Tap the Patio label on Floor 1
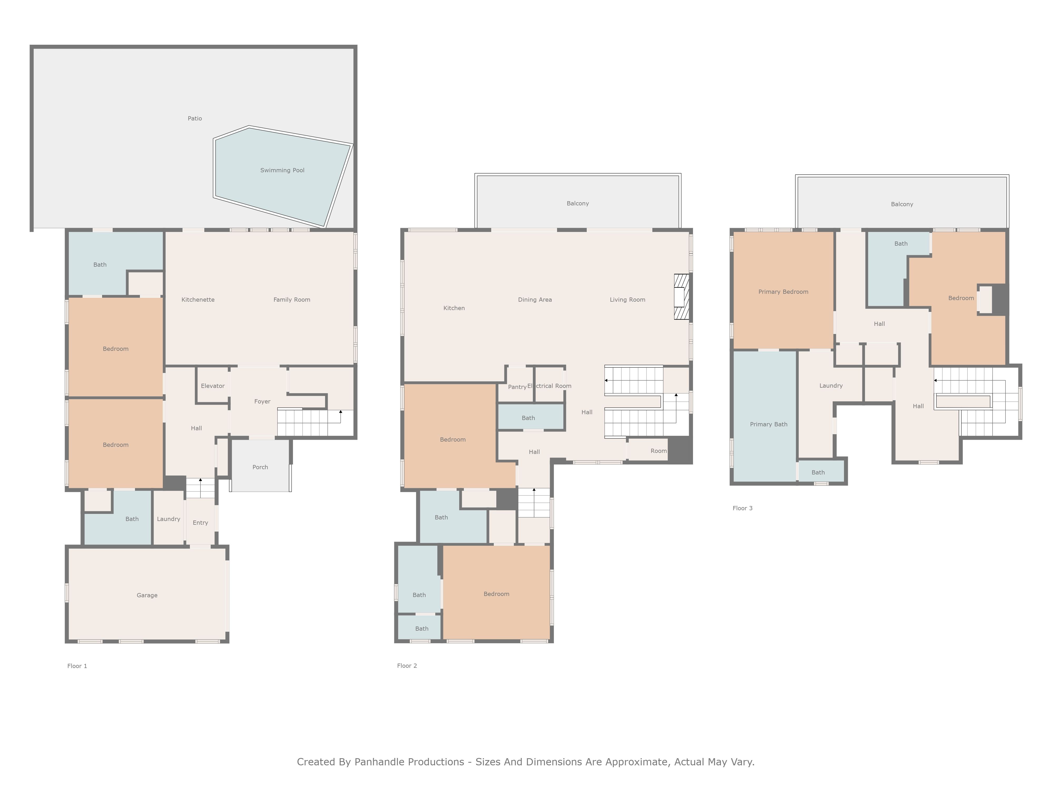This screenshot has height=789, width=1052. [x=195, y=118]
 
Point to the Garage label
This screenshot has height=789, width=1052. [x=147, y=595]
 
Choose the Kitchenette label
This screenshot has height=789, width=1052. [x=198, y=300]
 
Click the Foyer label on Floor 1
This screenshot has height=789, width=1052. [x=262, y=401]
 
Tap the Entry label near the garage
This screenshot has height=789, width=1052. [x=200, y=523]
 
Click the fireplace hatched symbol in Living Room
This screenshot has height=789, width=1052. [x=681, y=297]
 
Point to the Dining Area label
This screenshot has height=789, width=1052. [x=535, y=300]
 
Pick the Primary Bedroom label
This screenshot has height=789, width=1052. [x=783, y=291]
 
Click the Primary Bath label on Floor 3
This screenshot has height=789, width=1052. [x=768, y=424]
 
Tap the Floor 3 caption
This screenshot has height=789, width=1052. [x=742, y=508]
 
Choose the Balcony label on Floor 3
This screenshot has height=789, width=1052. [x=902, y=204]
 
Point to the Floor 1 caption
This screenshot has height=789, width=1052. [x=77, y=666]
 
